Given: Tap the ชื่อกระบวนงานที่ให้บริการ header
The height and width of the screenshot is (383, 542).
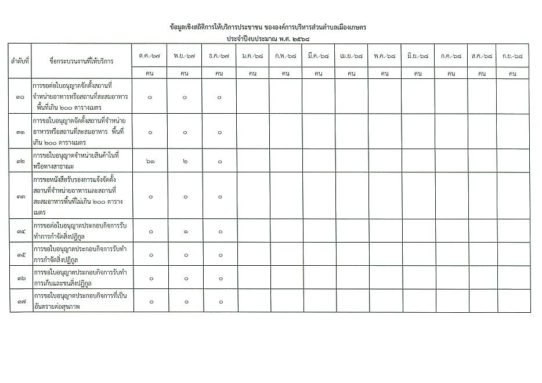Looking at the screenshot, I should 81,60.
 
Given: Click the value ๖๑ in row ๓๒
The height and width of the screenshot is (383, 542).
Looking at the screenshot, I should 150,160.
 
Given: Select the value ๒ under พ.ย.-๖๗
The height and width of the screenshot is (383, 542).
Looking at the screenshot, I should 185,160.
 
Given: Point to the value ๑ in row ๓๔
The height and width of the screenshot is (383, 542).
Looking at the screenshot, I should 185,232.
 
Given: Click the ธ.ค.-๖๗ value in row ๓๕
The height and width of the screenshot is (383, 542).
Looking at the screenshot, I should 219,255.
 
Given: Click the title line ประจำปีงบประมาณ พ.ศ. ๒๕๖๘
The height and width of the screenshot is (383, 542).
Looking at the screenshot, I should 269,38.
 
